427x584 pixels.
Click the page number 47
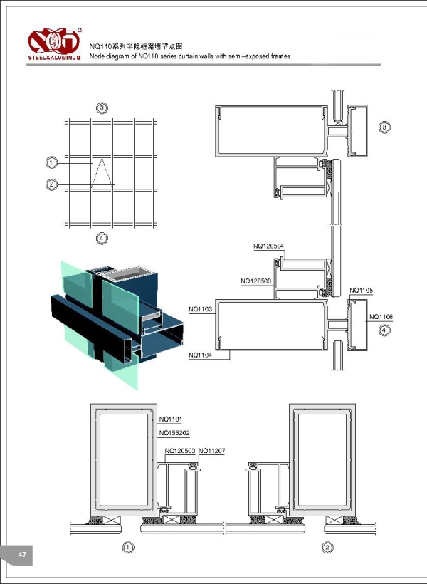pos(22,555)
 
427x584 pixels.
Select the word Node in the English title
pos(99,56)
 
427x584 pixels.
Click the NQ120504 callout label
pos(268,246)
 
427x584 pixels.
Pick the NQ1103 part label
pos(201,310)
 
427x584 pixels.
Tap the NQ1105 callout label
pos(362,291)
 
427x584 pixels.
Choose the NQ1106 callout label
pos(381,316)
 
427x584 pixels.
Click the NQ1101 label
pos(171,419)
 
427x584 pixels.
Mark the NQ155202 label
pos(174,433)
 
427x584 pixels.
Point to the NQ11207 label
pos(211,451)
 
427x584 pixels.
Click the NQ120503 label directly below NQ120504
pos(256,281)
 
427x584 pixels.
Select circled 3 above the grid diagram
pos(102,108)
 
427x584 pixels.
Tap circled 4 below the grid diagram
pos(102,238)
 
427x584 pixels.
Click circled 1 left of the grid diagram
pos(52,162)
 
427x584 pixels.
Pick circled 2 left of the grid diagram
pos(52,184)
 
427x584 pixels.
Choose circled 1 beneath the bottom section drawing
pos(128,548)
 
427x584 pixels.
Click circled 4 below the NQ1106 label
pos(384,330)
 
